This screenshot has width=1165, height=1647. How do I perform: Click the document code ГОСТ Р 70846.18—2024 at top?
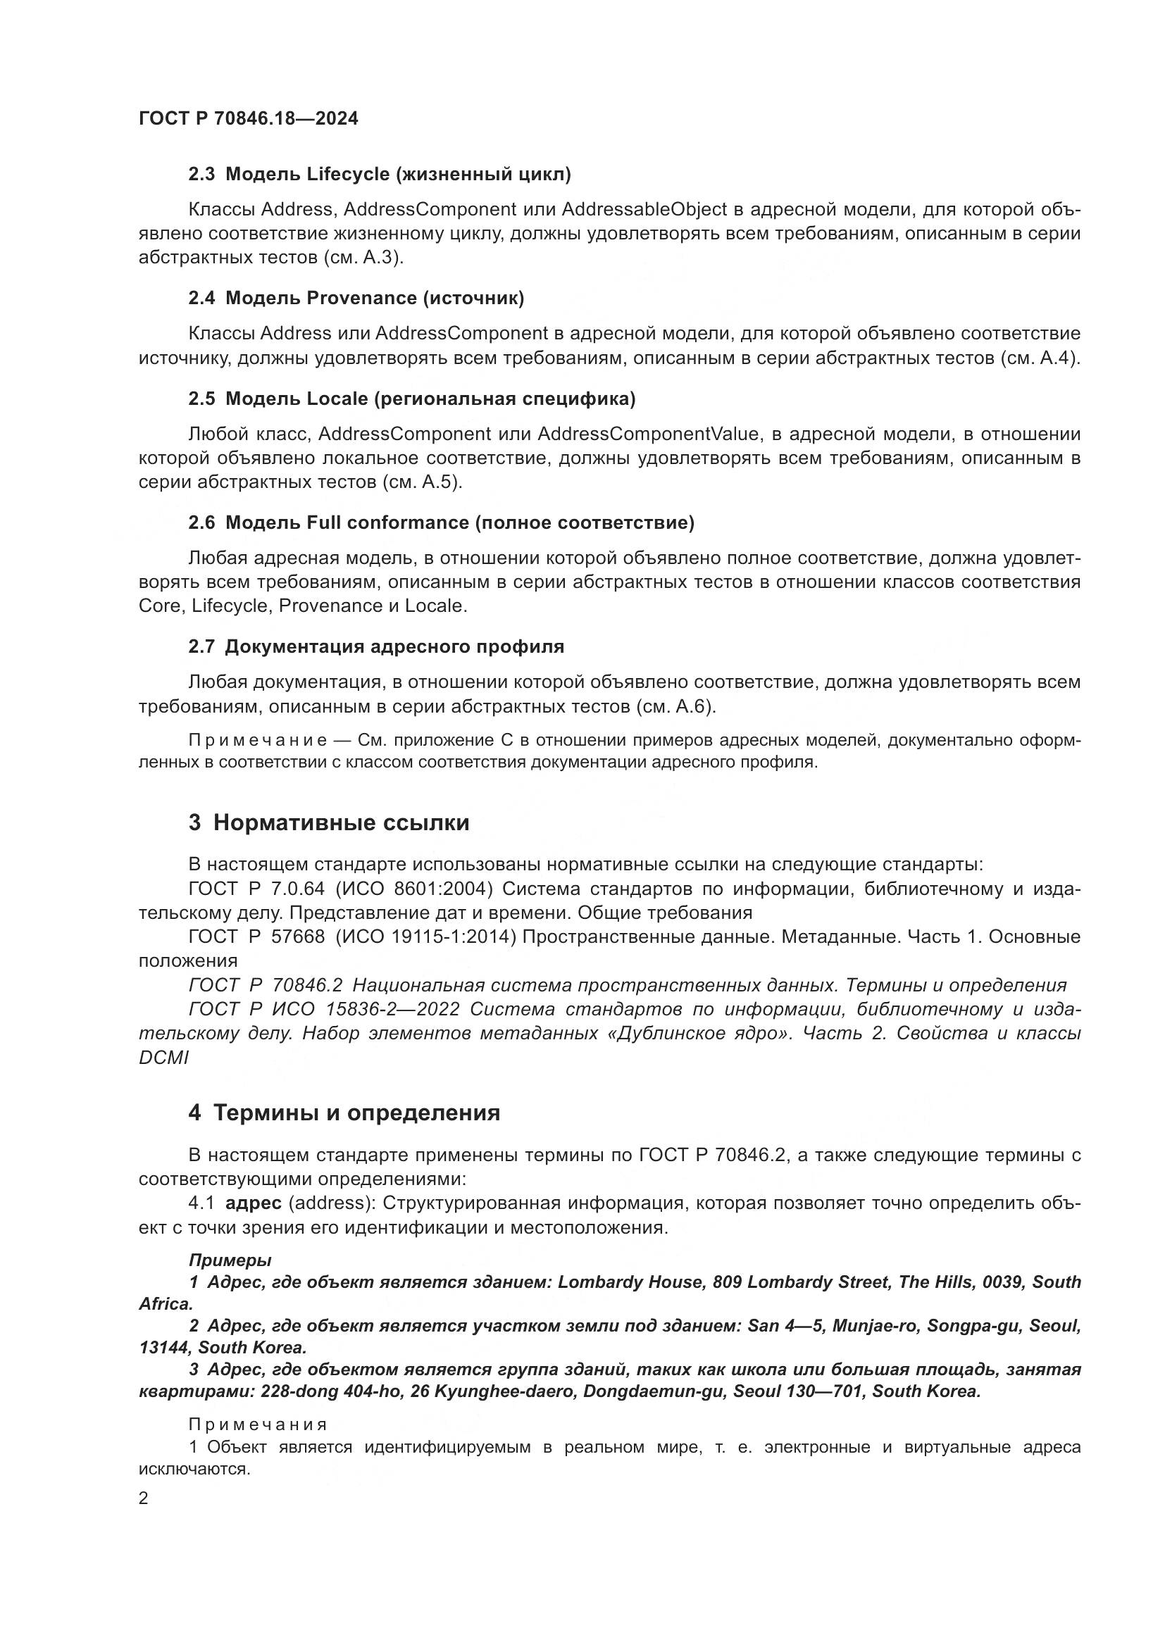tap(248, 119)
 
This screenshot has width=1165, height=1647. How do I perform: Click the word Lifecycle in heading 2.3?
tap(348, 175)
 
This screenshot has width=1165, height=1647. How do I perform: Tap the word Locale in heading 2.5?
tap(337, 399)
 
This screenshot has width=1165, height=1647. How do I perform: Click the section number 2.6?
tap(201, 523)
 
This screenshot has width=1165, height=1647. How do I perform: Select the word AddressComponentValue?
tap(648, 434)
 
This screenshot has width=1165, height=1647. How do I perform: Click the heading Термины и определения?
tap(356, 1113)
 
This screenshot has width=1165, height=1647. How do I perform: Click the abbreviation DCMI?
tap(163, 1058)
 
